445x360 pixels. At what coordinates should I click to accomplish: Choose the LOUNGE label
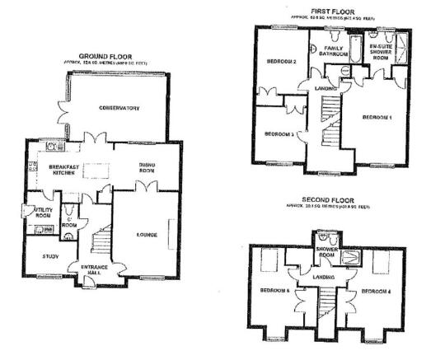coord(147,235)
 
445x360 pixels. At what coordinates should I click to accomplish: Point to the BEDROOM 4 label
coord(376,291)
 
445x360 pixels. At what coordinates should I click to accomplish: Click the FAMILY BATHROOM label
coord(335,53)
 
